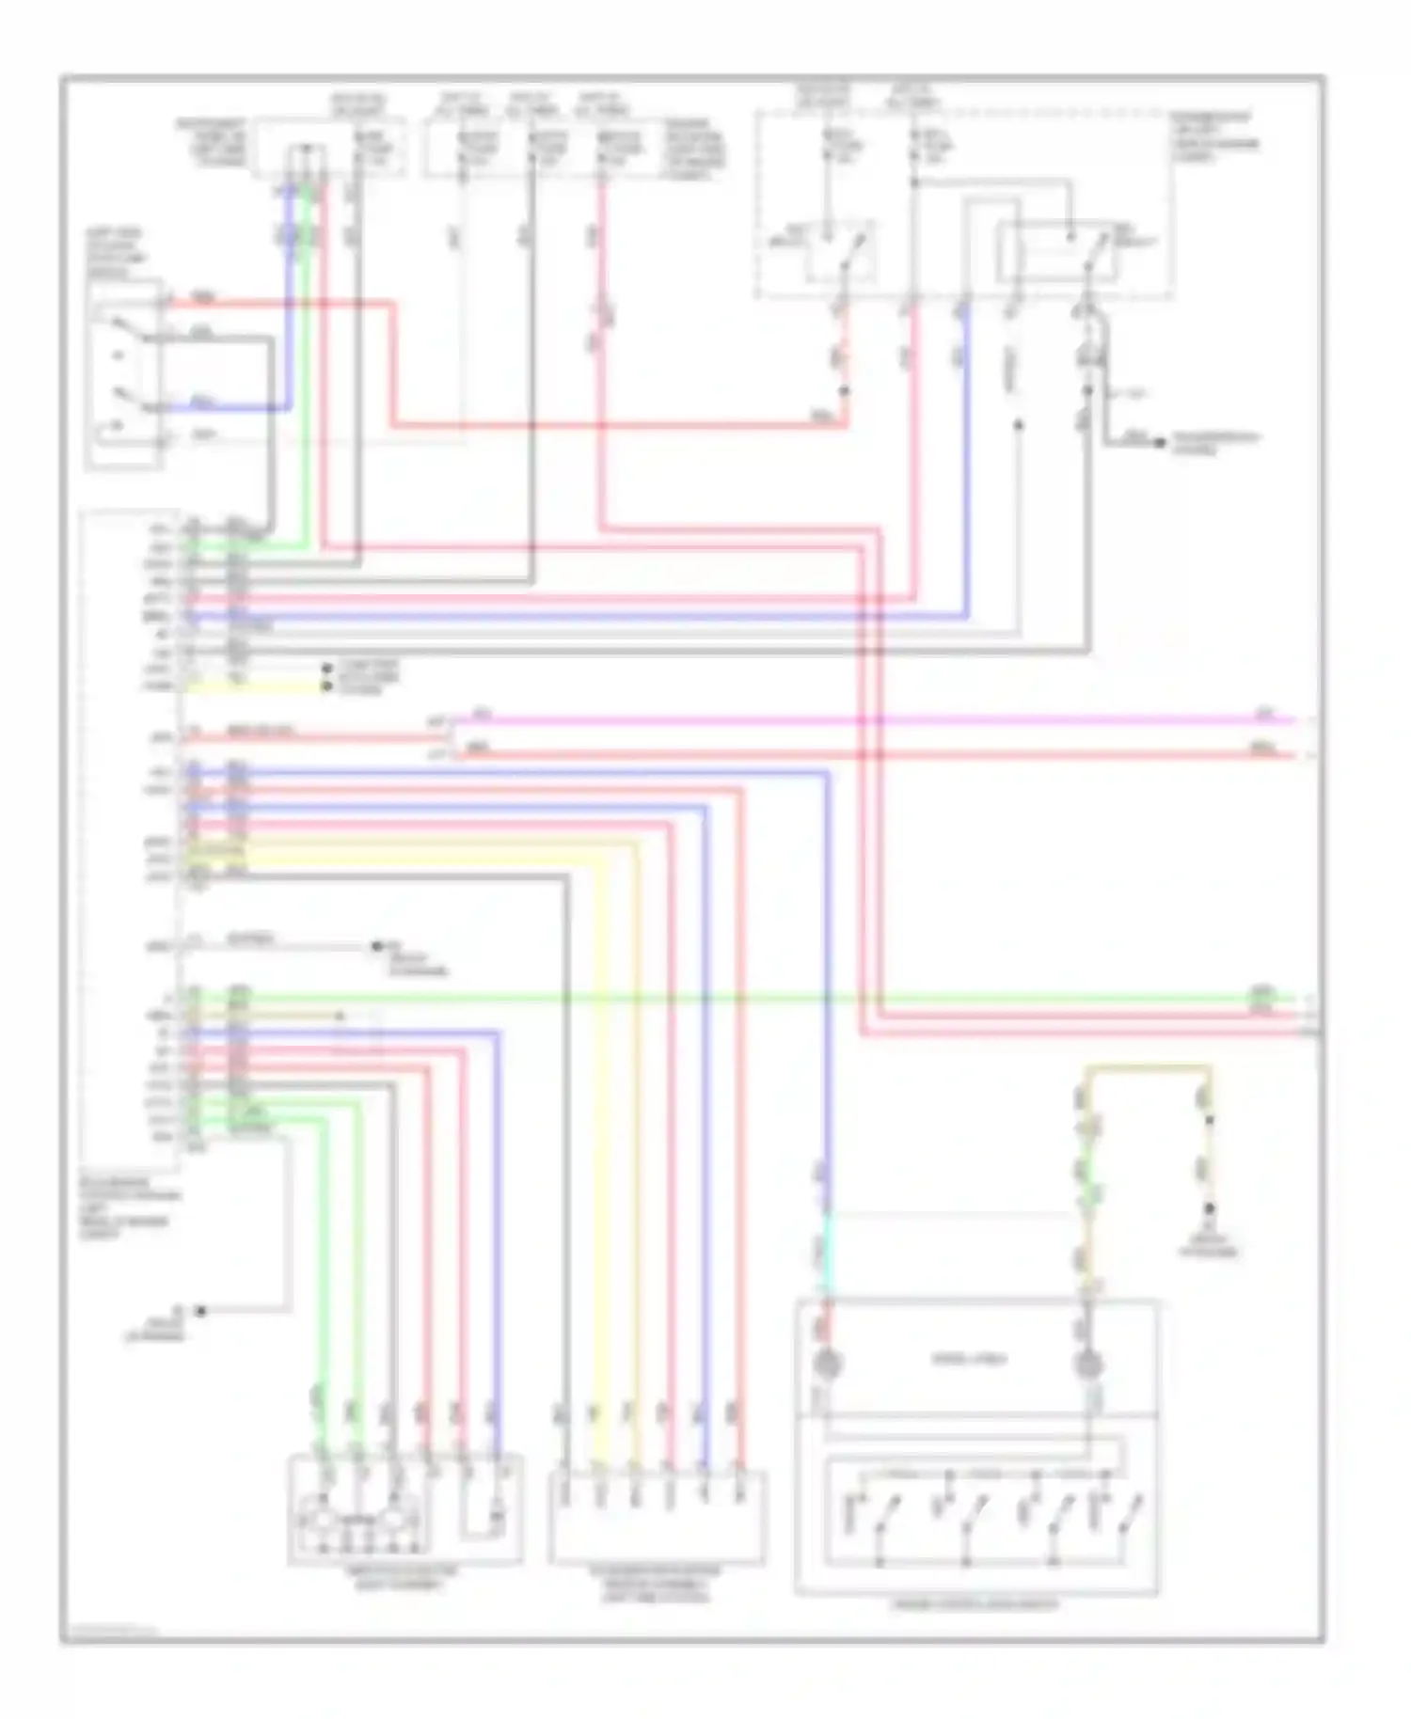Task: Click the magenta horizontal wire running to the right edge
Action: (x=847, y=721)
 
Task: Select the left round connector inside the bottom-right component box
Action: (x=827, y=1363)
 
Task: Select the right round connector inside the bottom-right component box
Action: (x=1088, y=1363)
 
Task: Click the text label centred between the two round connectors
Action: (x=969, y=1359)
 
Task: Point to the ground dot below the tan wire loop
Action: (x=1210, y=1209)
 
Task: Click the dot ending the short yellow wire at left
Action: (x=326, y=686)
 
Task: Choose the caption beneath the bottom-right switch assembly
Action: (x=975, y=1604)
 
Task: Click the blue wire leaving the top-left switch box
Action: (x=226, y=408)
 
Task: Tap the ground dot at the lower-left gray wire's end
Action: (x=200, y=1311)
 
